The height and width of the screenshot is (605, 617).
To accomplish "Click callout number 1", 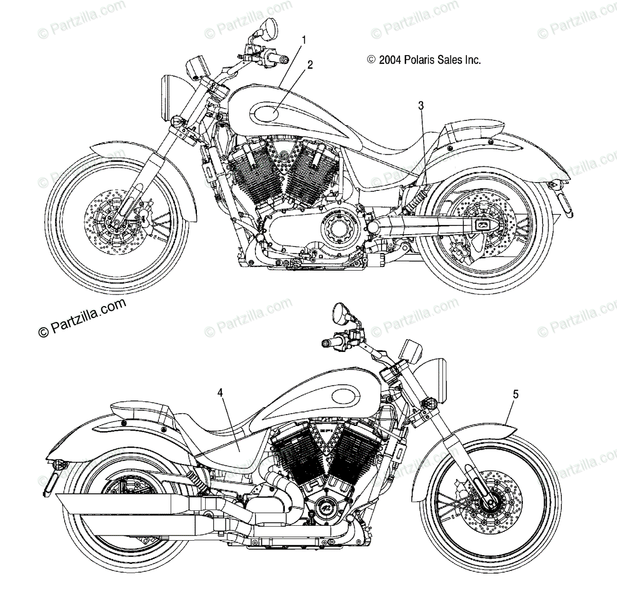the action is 304,40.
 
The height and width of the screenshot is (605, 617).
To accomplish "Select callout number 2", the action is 310,64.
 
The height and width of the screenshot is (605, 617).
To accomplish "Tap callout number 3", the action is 421,106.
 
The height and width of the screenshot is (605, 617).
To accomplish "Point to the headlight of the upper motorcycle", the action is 170,97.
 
